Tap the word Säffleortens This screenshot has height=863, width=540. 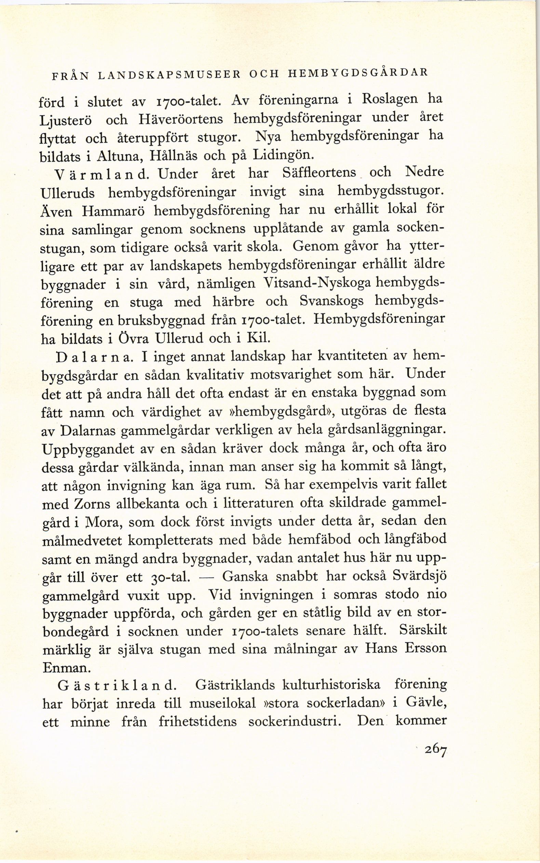(x=319, y=173)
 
